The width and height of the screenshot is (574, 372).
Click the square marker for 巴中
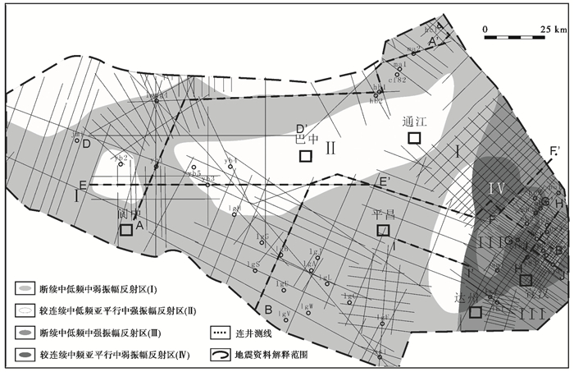pos(306,156)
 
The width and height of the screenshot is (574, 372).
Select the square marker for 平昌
pos(382,231)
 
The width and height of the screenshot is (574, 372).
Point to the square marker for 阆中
pos(126,230)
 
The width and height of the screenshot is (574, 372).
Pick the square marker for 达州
pos(476,311)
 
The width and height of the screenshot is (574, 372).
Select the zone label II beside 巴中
pos(330,148)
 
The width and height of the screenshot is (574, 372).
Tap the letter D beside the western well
pos(86,144)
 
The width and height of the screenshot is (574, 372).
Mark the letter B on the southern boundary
pos(268,310)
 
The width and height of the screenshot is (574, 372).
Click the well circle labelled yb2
pos(121,164)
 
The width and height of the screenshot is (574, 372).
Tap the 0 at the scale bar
pos(487,29)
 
